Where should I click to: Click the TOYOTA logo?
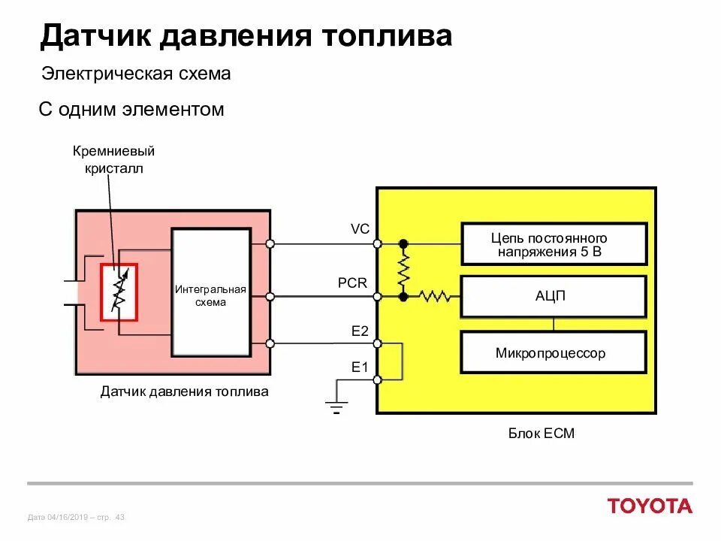tap(650, 506)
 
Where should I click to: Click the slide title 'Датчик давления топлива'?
tap(246, 35)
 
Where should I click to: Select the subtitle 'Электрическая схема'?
tap(135, 74)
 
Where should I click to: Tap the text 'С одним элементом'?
tap(131, 110)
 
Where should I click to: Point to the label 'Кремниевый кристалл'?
tap(113, 159)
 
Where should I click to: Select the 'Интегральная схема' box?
tap(211, 293)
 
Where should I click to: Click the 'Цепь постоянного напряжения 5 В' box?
tap(554, 244)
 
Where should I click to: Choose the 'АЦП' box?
tap(554, 296)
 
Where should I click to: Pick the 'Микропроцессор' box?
tap(554, 352)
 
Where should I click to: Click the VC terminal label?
tap(360, 229)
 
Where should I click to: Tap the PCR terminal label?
tap(352, 283)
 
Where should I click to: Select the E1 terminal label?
tap(360, 367)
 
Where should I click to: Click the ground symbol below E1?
tap(336, 407)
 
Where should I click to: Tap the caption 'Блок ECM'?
tap(541, 434)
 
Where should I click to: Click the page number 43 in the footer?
tap(120, 517)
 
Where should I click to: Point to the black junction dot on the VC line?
tap(403, 243)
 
